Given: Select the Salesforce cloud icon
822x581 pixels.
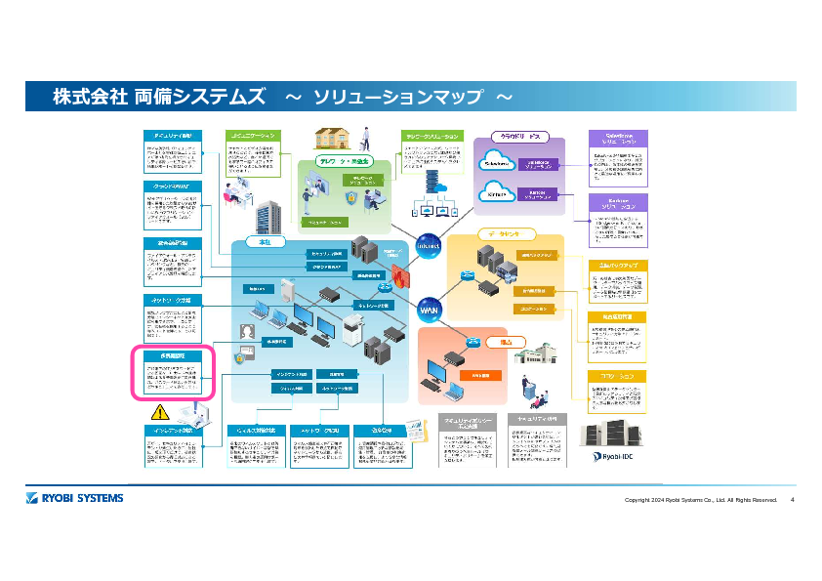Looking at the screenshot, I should (x=497, y=163).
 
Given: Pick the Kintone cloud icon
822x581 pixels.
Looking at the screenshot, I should (x=497, y=191).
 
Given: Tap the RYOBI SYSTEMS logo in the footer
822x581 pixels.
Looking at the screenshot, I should (x=75, y=499).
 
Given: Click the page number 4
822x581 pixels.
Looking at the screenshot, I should (x=792, y=500).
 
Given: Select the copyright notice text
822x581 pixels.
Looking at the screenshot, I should (x=701, y=500).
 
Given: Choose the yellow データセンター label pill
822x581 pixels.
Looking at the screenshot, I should (x=507, y=234).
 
